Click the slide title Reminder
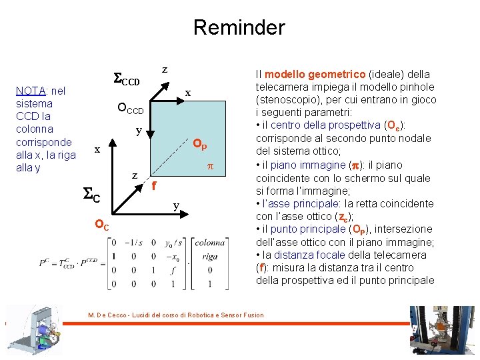pos(239,27)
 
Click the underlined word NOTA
pos(31,91)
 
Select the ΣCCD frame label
pos(125,81)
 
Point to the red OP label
pos(199,145)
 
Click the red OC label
pos(101,225)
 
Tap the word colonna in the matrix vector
pos(210,243)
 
